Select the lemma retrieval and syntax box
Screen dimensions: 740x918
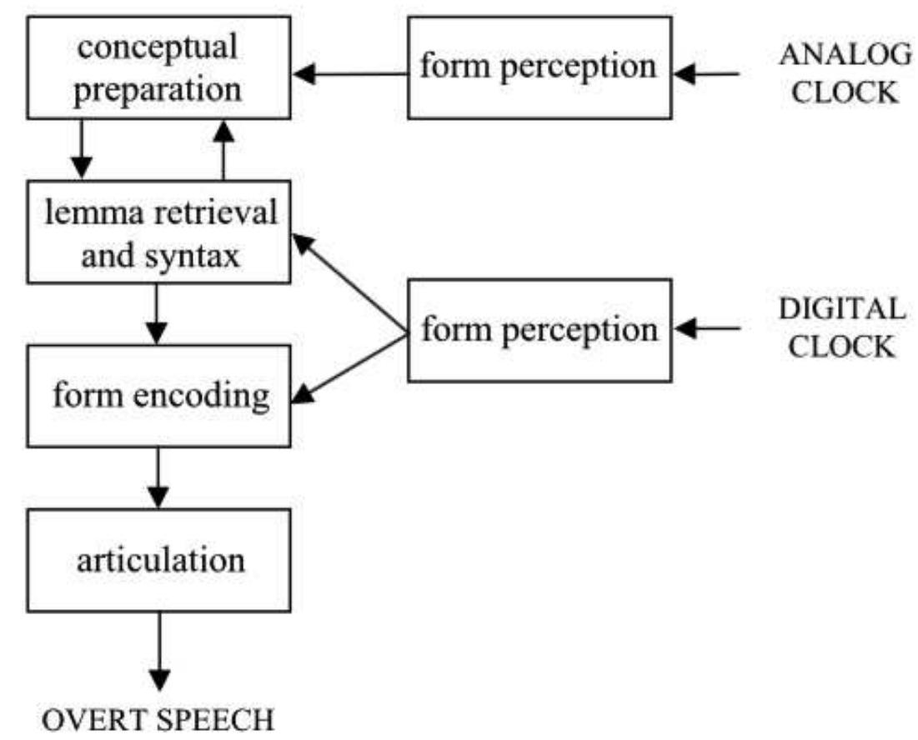(x=158, y=234)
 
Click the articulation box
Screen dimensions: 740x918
(x=158, y=558)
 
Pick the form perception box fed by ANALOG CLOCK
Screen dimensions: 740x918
(x=539, y=67)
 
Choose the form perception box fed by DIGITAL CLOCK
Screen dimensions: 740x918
(x=539, y=330)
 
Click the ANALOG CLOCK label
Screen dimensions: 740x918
(x=844, y=72)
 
